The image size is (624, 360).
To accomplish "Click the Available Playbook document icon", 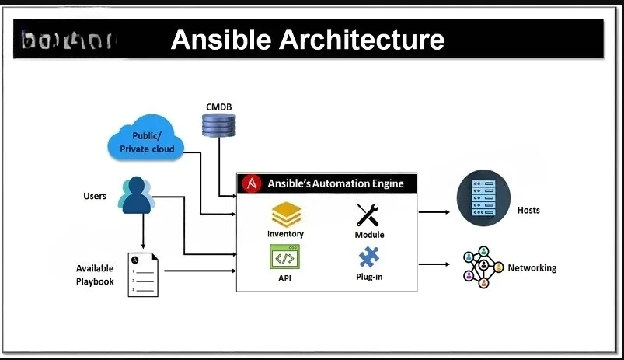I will (144, 274).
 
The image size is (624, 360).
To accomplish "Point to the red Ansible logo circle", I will (252, 183).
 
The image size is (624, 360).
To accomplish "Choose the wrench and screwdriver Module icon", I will (368, 215).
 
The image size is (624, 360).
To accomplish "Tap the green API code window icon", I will (285, 257).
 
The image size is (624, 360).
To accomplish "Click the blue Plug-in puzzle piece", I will (368, 257).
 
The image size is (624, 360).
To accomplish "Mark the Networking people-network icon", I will (482, 267).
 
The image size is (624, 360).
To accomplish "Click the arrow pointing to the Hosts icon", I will (434, 211).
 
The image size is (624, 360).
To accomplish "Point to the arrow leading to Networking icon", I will (434, 264).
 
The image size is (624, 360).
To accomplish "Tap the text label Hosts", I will (528, 211).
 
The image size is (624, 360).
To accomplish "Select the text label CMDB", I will (218, 107).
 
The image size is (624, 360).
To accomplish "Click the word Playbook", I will (95, 281).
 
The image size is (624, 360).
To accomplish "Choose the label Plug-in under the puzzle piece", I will (368, 277).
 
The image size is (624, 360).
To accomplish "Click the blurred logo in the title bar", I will (66, 40).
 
